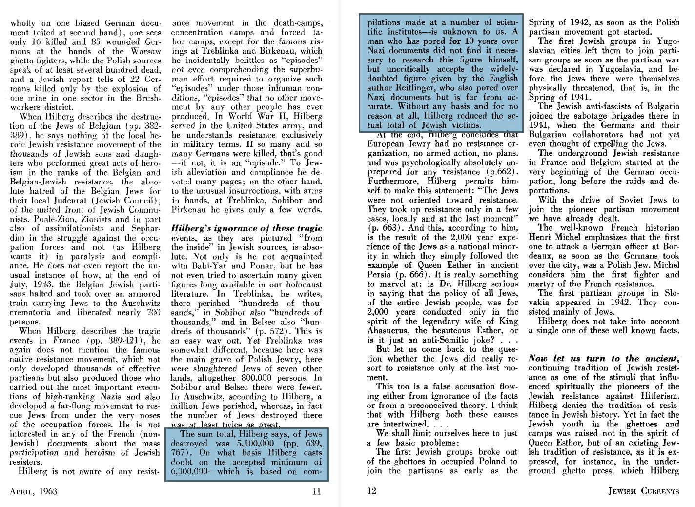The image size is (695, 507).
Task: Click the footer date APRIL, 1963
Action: [33, 491]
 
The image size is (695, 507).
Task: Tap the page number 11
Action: [316, 491]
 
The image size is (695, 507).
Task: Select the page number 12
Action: [372, 491]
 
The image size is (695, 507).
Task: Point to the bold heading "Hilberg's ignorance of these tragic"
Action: [246, 228]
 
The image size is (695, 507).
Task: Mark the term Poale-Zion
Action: [45, 219]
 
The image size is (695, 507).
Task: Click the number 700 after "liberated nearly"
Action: [153, 312]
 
